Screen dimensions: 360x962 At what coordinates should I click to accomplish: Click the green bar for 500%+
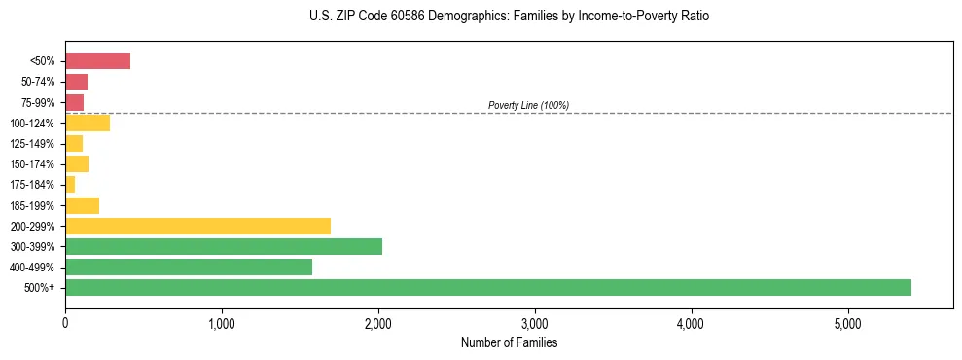click(x=487, y=287)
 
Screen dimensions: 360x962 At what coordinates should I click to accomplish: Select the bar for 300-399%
click(x=224, y=246)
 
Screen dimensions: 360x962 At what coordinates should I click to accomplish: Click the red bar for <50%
click(x=97, y=61)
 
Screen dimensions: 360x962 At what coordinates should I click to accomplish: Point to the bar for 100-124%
click(x=88, y=123)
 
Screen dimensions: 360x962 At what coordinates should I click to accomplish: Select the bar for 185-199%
click(x=82, y=205)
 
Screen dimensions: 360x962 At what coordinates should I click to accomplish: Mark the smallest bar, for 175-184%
click(x=70, y=185)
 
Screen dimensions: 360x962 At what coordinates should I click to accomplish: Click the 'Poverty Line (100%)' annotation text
click(x=528, y=105)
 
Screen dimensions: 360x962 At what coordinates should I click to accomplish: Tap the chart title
click(x=509, y=17)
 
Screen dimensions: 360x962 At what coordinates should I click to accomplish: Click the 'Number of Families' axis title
click(x=509, y=342)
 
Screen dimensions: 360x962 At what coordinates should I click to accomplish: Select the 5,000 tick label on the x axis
click(x=847, y=323)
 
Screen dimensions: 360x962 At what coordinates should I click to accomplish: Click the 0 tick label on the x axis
click(x=65, y=323)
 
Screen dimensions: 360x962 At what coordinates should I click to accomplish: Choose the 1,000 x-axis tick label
click(x=222, y=323)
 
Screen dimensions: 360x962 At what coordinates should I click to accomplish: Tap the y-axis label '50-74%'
click(x=40, y=82)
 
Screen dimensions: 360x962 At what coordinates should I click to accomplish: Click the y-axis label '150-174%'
click(x=35, y=164)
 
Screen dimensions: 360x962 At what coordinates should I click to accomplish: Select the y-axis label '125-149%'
click(x=35, y=144)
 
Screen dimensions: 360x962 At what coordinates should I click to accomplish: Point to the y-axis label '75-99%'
click(x=40, y=102)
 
